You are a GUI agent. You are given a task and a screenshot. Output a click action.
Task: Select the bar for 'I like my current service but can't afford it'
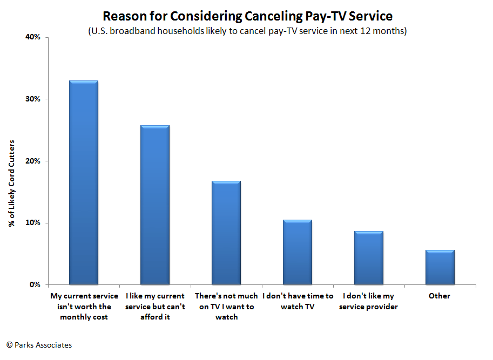pos(155,205)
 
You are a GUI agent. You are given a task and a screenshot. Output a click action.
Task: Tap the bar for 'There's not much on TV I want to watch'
pos(226,233)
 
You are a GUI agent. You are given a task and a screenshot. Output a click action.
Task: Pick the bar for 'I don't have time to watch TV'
pos(298,252)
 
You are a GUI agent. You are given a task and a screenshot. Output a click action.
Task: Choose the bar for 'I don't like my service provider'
pos(369,258)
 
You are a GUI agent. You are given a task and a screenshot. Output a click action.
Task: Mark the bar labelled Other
pos(440,267)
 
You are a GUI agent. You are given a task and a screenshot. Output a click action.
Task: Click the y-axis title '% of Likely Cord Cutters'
pos(11,184)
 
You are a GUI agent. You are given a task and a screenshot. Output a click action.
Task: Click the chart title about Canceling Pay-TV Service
pos(247,16)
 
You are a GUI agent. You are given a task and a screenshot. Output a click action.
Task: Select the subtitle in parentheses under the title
pos(247,31)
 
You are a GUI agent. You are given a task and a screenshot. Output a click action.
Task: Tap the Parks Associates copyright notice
pos(39,345)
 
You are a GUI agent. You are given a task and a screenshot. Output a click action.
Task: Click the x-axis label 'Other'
pos(440,296)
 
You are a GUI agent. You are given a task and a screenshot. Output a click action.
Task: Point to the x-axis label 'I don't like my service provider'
pos(369,301)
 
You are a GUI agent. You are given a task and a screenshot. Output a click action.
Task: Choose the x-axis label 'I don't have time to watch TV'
pos(298,301)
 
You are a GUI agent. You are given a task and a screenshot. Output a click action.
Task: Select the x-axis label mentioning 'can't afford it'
pos(155,307)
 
